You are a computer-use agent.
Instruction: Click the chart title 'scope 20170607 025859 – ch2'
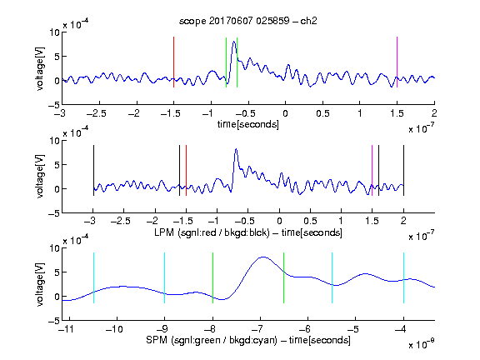coord(248,21)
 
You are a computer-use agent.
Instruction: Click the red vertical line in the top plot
coord(173,62)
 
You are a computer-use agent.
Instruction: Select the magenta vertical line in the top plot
coord(397,62)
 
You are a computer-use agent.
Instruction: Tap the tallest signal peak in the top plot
coord(234,42)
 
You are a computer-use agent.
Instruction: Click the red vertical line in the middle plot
coord(186,171)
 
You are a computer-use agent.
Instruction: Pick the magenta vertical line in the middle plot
coord(372,171)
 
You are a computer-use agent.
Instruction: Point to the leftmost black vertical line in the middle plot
coord(93,171)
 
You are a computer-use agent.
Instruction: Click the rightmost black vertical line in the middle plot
coord(403,171)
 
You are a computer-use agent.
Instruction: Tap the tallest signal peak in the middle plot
coord(236,149)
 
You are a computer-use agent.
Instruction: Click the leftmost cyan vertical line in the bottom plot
coord(93,278)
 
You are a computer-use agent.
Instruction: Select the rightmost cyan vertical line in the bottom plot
coord(403,278)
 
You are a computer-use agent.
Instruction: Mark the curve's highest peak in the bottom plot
coord(263,257)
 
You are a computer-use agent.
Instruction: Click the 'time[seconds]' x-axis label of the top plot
coord(248,124)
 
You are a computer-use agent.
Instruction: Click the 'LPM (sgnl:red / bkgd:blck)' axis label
coord(212,232)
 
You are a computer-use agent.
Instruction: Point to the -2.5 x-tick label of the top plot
coord(96,113)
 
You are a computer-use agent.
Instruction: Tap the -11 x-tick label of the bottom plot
coord(67,329)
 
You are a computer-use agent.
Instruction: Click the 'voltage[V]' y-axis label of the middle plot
coord(40,176)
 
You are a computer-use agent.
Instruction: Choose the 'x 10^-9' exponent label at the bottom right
coord(421,344)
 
